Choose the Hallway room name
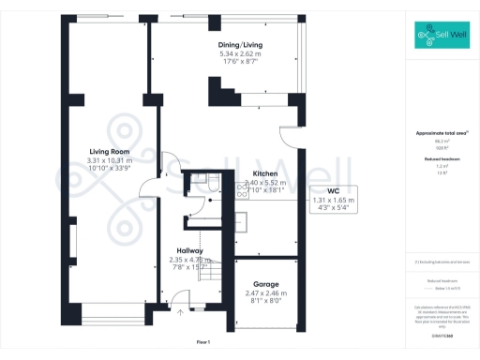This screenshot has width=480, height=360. [x=187, y=250]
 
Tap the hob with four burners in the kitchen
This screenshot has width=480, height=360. [x=240, y=221]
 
